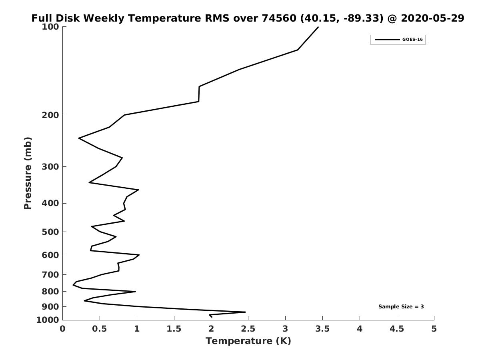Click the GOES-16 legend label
click(412, 40)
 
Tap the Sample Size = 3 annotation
click(401, 307)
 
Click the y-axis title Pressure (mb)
click(28, 173)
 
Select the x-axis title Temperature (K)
click(248, 341)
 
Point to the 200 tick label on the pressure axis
click(50, 115)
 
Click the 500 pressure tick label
click(50, 232)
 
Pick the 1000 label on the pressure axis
click(48, 320)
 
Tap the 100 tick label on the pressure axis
click(50, 27)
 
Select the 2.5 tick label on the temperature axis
click(248, 329)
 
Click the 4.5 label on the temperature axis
click(397, 329)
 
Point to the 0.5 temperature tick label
click(100, 329)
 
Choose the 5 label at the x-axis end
click(434, 329)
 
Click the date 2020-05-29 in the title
click(432, 18)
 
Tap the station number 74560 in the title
click(279, 18)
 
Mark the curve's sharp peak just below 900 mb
click(245, 312)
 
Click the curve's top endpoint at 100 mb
click(318, 27)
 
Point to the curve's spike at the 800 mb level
click(135, 291)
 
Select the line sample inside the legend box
click(387, 40)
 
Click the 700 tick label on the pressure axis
click(50, 274)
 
